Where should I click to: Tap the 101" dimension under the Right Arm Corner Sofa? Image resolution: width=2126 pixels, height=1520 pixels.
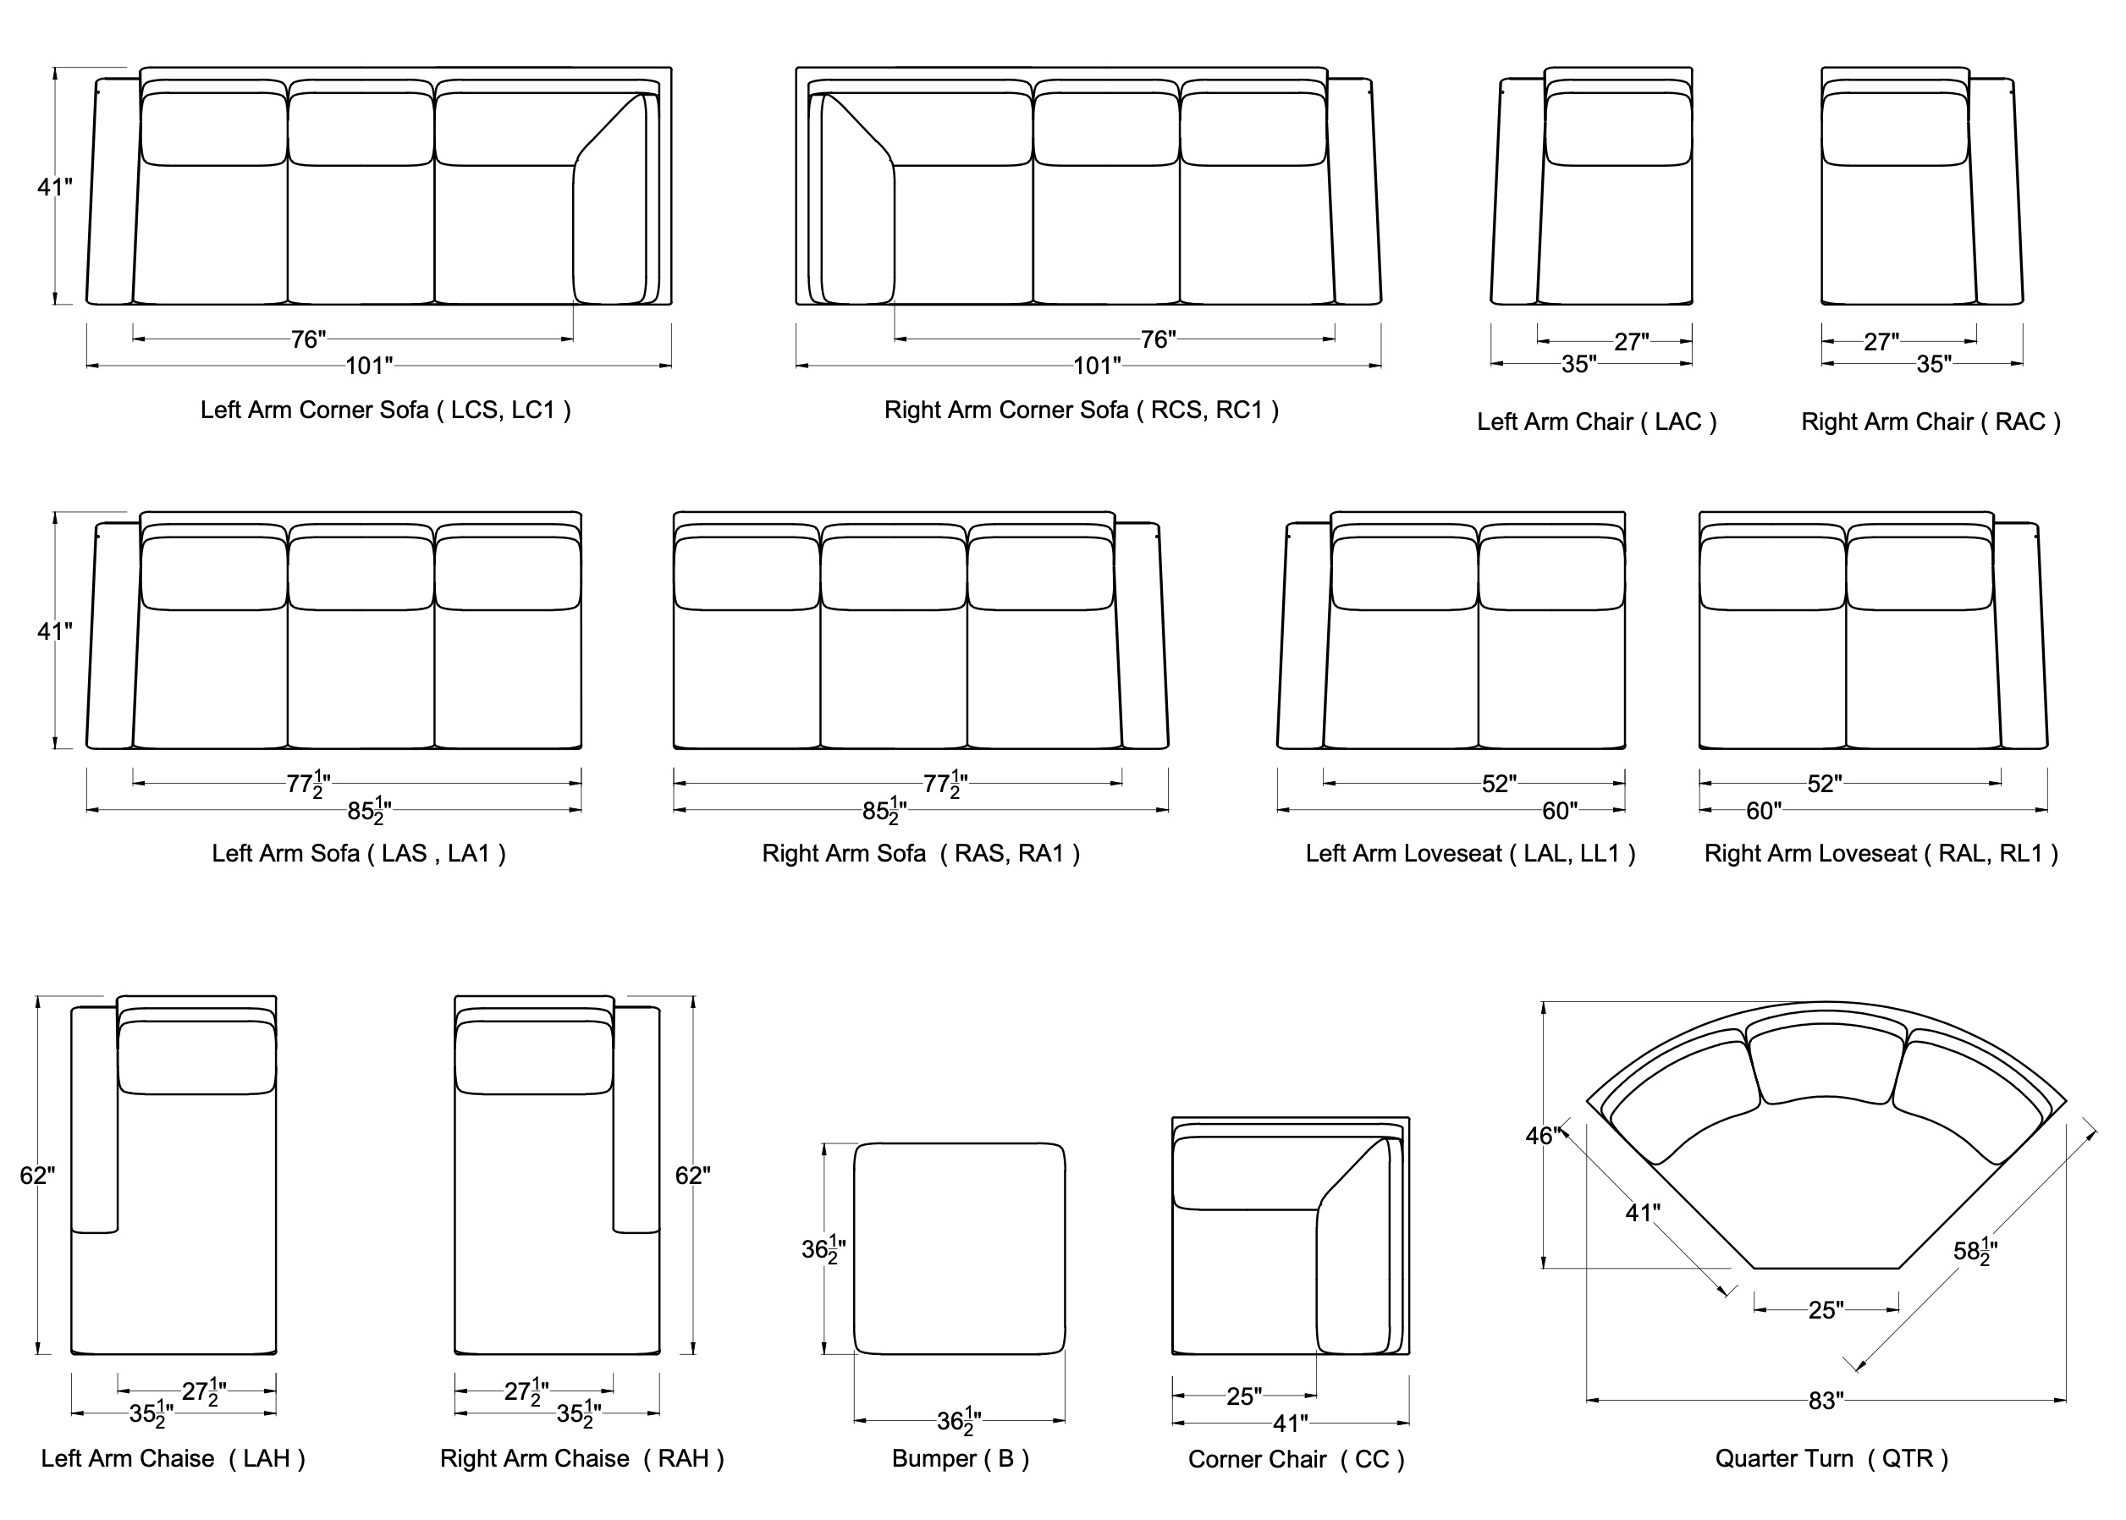tap(1097, 365)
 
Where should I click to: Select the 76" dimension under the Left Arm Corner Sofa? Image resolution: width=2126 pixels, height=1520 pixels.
tap(308, 339)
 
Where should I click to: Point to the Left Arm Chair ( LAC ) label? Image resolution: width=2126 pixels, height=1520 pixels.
tap(1596, 422)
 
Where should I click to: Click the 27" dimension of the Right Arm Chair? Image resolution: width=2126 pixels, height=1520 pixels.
tap(1881, 342)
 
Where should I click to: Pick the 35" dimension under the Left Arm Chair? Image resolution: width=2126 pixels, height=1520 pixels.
tap(1578, 364)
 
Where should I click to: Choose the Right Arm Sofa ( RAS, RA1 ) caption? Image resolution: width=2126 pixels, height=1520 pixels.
tap(921, 854)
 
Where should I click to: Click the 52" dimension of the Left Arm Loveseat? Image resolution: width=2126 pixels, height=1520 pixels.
tap(1498, 784)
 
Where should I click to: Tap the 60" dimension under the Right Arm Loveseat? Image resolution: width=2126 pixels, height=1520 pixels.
tap(1763, 811)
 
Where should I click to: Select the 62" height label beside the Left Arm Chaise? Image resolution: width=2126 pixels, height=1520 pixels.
tap(37, 1175)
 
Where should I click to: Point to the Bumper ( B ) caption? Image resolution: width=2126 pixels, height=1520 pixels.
tap(960, 1458)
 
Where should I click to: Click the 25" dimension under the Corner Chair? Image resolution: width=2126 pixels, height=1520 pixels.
tap(1243, 1396)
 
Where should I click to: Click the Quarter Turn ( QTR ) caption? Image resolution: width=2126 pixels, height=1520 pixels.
tap(1831, 1458)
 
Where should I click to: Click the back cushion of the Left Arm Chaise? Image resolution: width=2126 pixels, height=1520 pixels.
tap(197, 1058)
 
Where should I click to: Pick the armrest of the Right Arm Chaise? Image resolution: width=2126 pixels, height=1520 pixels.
tap(637, 1119)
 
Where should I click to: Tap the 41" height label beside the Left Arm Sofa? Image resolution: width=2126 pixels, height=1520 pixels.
tap(54, 631)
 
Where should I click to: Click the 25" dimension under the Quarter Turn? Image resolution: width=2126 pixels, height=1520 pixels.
tap(1826, 1309)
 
